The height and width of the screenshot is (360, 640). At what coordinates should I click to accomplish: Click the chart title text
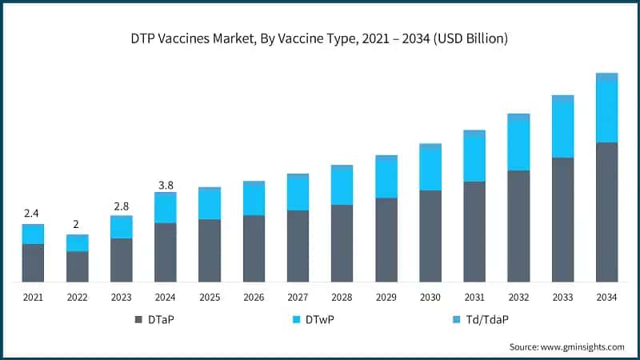coord(320,38)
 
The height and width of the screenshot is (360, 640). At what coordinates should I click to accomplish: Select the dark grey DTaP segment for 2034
coord(607,212)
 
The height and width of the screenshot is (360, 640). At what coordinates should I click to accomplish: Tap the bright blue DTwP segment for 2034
coord(607,111)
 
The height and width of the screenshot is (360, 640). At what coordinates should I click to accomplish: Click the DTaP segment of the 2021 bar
coord(33,262)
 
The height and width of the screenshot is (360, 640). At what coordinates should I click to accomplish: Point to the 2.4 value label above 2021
coord(32,214)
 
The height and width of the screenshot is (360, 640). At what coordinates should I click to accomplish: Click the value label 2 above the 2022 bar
coord(77,224)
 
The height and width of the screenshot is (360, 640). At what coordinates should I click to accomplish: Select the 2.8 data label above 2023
coord(122,206)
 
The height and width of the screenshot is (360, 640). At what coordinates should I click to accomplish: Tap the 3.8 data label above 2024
coord(166,185)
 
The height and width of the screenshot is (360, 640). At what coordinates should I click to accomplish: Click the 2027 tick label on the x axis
coord(298,298)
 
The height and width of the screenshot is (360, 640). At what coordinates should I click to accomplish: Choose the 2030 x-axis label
coord(430,298)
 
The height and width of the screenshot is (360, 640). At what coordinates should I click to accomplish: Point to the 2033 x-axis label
coord(563,298)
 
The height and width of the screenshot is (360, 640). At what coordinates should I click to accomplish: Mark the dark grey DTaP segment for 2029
coord(386,239)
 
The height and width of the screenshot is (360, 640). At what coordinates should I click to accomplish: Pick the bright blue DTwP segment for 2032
coord(519,144)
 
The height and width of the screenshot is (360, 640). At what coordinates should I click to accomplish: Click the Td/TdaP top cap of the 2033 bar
coord(563,98)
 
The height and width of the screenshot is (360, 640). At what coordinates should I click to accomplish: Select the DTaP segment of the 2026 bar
coord(254,248)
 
